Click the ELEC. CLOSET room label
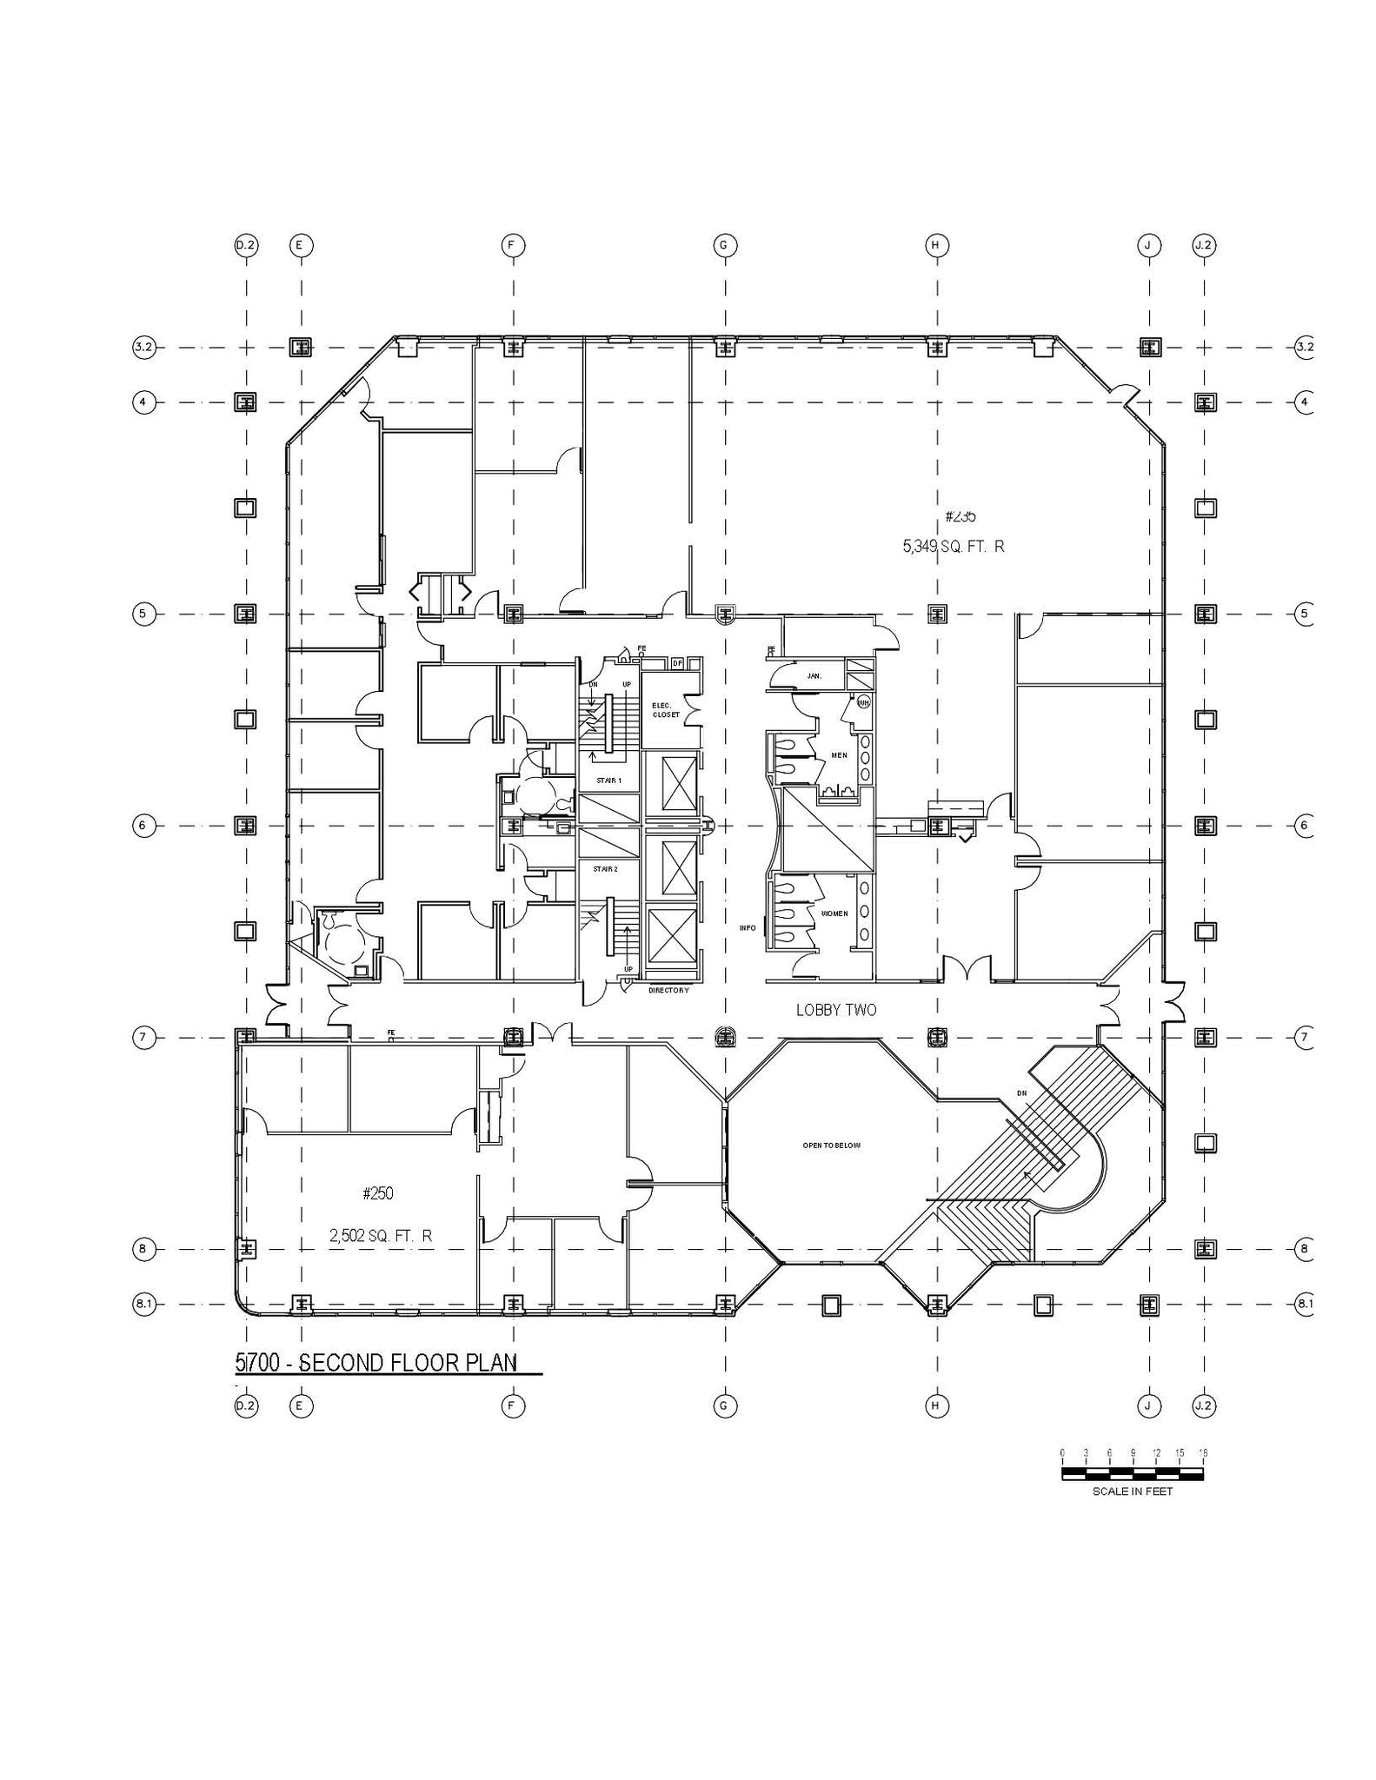pos(666,709)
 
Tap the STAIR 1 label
pos(608,780)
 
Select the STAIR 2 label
pos(606,869)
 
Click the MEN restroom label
pos(839,755)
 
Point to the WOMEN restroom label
pos(834,913)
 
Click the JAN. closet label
pos(814,675)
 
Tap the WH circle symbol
pos(863,701)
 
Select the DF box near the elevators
pos(677,663)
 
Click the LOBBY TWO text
pos(836,1010)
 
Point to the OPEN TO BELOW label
pos(831,1146)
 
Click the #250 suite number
pos(378,1193)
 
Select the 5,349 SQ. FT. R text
pos(954,547)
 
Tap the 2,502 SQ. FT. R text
pos(381,1235)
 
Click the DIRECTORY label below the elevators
pos(668,990)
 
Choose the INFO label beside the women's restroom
pos(748,928)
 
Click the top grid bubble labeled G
pos(725,245)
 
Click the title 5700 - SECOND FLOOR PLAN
pos(376,1363)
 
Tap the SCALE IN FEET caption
pos(1133,1491)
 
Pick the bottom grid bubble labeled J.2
pos(1204,1405)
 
